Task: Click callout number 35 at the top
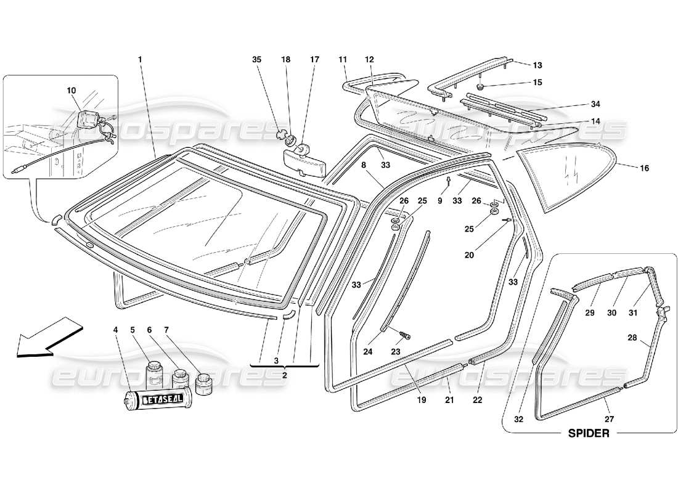[257, 60]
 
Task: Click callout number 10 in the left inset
[72, 91]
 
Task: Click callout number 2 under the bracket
[285, 375]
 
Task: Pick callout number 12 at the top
[370, 60]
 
